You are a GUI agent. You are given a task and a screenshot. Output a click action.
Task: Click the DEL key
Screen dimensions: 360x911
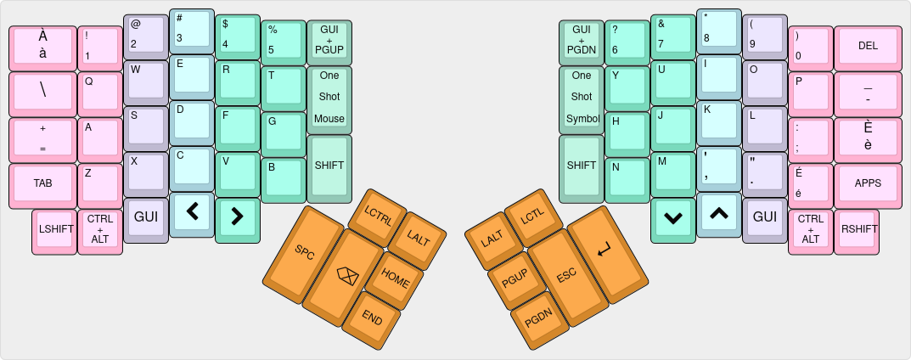click(868, 46)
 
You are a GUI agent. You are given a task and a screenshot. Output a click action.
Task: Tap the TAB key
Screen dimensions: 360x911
click(42, 183)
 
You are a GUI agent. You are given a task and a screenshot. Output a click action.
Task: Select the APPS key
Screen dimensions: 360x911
click(868, 183)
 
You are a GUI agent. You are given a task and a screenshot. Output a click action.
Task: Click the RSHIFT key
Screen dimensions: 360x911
click(857, 229)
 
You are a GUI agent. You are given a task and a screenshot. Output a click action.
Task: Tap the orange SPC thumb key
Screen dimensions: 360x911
click(304, 252)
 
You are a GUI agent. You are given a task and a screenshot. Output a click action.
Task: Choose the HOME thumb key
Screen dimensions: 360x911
click(395, 277)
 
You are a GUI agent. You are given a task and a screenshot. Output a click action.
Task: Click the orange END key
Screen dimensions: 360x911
click(372, 318)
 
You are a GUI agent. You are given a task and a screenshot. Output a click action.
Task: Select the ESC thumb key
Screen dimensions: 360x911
click(565, 277)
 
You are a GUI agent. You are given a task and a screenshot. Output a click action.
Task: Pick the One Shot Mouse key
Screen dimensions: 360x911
click(329, 97)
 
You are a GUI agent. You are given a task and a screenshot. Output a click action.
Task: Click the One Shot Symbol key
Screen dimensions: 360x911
click(582, 97)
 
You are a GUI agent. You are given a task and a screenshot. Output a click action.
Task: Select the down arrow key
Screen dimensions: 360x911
click(672, 218)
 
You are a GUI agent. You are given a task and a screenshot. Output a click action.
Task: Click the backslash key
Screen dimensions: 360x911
click(42, 92)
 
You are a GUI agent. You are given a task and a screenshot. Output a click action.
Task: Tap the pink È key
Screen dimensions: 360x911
click(868, 138)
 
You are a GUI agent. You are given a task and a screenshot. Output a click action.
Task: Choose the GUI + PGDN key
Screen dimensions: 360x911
click(582, 40)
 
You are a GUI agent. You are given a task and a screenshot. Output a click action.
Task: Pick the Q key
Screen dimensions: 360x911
click(100, 92)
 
